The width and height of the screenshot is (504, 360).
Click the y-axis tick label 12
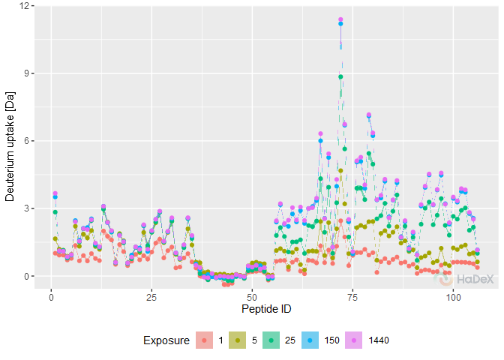pyautogui.click(x=26, y=6)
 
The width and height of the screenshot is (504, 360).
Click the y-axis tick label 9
pyautogui.click(x=28, y=73)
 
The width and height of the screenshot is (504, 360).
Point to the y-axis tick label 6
pyautogui.click(x=28, y=141)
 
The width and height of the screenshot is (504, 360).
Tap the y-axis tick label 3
pyautogui.click(x=28, y=208)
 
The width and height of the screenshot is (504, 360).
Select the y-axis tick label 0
pyautogui.click(x=28, y=276)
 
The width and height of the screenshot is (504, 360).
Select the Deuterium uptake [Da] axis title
pyautogui.click(x=10, y=141)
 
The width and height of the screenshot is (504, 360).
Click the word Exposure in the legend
pyautogui.click(x=166, y=340)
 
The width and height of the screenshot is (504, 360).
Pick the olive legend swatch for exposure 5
pyautogui.click(x=238, y=340)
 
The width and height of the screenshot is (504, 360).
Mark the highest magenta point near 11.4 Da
pyautogui.click(x=340, y=19)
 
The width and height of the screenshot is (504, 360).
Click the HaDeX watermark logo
pyautogui.click(x=465, y=279)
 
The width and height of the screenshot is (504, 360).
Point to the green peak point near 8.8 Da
pyautogui.click(x=340, y=76)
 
